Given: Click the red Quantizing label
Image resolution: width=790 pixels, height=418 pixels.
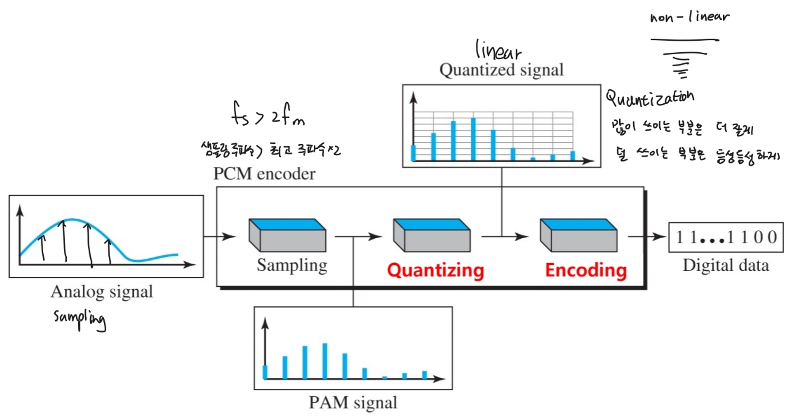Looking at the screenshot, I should (x=435, y=270).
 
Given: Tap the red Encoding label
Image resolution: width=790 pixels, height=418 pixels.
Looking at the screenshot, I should (x=585, y=270).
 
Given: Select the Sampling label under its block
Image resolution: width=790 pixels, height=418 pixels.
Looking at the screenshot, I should (x=291, y=266).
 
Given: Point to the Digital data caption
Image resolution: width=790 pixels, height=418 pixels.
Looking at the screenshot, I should (x=726, y=266).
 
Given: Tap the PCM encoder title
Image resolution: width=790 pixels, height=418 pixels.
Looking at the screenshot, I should (x=265, y=174).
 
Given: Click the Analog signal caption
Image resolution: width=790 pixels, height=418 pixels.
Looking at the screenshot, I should (x=102, y=292).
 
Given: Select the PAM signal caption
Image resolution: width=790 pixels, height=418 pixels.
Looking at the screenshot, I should (x=353, y=402).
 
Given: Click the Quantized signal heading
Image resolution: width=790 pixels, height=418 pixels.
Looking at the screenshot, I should (x=501, y=70).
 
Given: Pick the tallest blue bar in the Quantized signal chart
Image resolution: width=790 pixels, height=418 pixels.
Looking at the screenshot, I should (x=473, y=139).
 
